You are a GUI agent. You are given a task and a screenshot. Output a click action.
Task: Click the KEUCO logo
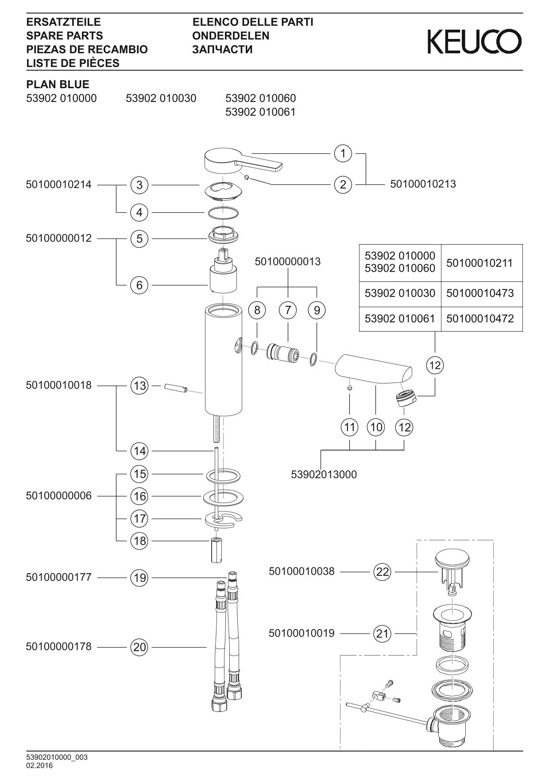tap(474, 42)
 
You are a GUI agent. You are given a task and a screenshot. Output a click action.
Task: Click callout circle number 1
tap(343, 154)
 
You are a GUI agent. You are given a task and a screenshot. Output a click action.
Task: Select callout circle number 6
tap(139, 285)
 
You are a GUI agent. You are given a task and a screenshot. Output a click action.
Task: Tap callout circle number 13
tap(139, 386)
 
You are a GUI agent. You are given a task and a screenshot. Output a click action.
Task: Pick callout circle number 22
tap(383, 572)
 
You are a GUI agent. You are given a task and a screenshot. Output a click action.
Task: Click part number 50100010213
tap(423, 184)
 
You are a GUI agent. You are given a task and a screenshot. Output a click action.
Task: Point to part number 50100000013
tap(287, 262)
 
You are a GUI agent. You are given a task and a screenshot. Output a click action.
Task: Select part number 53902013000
tap(324, 475)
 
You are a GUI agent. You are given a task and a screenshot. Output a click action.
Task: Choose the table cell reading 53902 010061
tap(400, 319)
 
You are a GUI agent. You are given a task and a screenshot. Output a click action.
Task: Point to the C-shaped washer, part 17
tap(224, 519)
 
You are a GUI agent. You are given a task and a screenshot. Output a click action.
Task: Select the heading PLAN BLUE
tap(58, 84)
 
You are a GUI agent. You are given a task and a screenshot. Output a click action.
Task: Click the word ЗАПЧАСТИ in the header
tap(222, 49)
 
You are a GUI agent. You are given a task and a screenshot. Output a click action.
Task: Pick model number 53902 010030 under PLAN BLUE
tap(161, 98)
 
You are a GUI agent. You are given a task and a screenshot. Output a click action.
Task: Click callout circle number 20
tap(139, 647)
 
